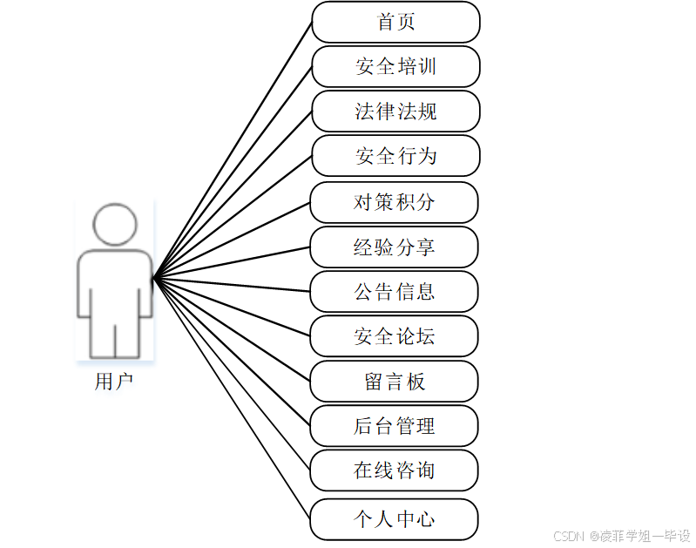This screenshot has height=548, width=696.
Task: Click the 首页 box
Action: click(395, 22)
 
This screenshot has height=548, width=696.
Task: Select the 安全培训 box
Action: click(395, 67)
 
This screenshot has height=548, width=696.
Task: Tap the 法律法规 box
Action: click(395, 112)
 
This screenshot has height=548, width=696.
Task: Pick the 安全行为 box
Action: click(395, 157)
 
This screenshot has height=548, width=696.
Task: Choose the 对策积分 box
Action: click(394, 202)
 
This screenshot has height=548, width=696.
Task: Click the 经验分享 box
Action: click(394, 247)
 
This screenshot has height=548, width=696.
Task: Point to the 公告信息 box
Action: click(394, 292)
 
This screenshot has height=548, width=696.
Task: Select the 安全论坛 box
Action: click(394, 336)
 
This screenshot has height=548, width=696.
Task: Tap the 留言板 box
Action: click(394, 382)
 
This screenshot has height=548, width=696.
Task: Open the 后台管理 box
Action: click(394, 426)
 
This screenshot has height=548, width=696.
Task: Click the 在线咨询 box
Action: click(394, 470)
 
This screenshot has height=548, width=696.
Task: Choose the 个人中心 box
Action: click(394, 519)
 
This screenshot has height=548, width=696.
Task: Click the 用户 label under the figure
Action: click(113, 382)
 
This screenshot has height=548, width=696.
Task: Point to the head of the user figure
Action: click(115, 225)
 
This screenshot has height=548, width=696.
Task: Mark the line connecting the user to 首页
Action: click(233, 150)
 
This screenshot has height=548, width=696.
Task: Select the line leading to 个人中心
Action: click(233, 399)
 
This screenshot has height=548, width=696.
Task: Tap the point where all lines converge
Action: click(154, 279)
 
